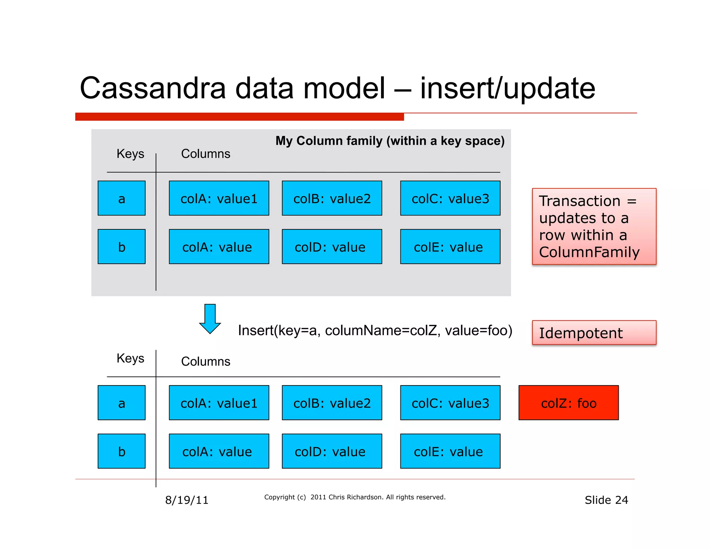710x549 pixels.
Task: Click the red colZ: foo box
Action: coord(568,403)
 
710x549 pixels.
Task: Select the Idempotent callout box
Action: coord(594,332)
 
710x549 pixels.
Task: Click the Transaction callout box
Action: coord(594,226)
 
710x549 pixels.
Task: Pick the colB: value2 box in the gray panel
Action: coord(332,198)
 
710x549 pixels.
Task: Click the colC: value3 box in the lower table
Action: coord(450,403)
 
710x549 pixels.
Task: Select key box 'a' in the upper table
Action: coord(121,198)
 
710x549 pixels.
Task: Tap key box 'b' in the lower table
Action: coord(121,451)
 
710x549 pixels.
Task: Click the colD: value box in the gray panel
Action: coord(332,247)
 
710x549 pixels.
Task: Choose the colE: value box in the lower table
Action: coord(450,451)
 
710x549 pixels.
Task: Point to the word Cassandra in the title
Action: coord(153,88)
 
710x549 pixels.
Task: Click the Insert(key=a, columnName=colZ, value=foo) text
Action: coord(375,330)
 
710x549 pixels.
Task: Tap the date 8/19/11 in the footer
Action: coord(187,500)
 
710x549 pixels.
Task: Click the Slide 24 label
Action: coord(606,500)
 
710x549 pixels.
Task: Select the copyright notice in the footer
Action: coord(355,497)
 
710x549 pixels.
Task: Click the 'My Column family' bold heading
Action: coord(390,141)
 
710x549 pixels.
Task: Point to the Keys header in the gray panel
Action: coord(130,153)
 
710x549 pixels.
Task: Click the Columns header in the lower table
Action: coord(206,361)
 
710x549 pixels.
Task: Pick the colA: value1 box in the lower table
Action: coord(219,403)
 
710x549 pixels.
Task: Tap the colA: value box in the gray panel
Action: coord(219,247)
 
